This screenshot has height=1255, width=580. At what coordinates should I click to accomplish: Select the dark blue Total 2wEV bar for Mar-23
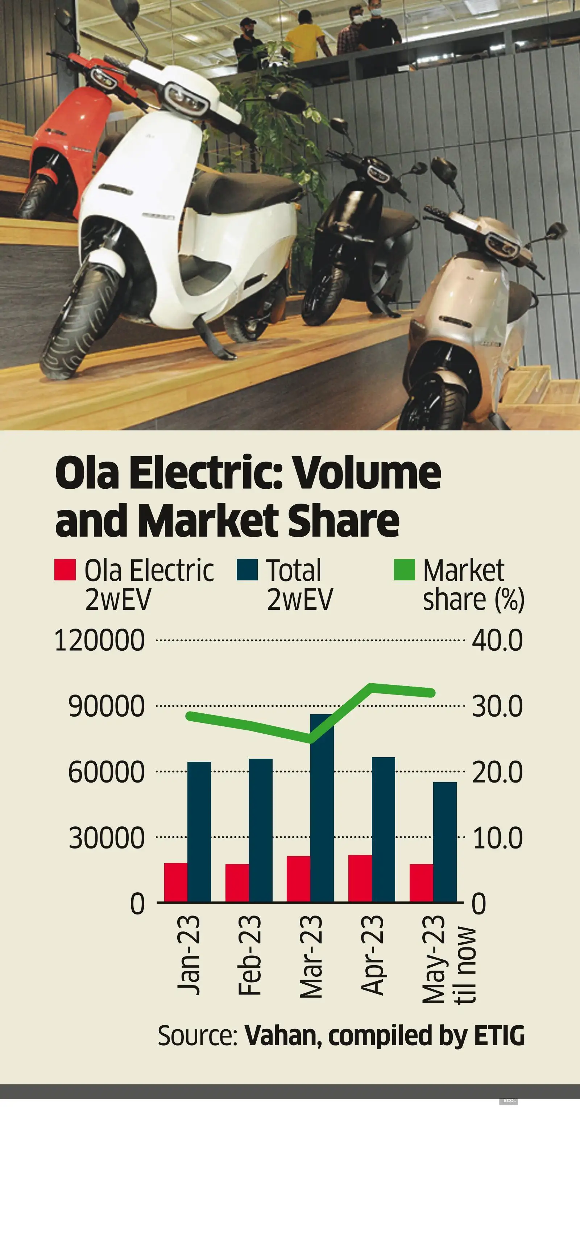point(322,809)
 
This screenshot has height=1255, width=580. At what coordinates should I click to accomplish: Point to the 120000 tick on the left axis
point(99,640)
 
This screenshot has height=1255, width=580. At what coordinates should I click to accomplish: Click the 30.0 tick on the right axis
point(497,706)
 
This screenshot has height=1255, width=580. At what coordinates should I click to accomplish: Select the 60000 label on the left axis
point(106,772)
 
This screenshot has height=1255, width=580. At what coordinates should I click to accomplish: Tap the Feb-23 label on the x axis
point(249,955)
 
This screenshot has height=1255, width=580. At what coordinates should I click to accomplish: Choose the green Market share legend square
point(404,570)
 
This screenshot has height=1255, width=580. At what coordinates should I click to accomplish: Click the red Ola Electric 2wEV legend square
point(65,570)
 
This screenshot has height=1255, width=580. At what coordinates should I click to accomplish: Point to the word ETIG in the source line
point(499,1036)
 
